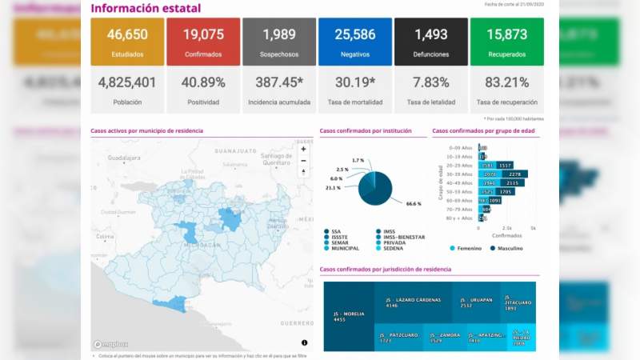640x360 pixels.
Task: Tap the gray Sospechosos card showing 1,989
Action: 279,42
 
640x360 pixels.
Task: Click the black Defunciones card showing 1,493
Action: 430,42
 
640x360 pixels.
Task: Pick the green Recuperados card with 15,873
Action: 507,42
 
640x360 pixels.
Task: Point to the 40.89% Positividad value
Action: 203,82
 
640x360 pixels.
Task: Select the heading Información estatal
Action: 146,9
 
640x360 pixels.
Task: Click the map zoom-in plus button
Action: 303,149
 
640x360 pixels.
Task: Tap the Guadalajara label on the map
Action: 124,158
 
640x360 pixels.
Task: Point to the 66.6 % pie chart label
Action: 413,204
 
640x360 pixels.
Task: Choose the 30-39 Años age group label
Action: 462,174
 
